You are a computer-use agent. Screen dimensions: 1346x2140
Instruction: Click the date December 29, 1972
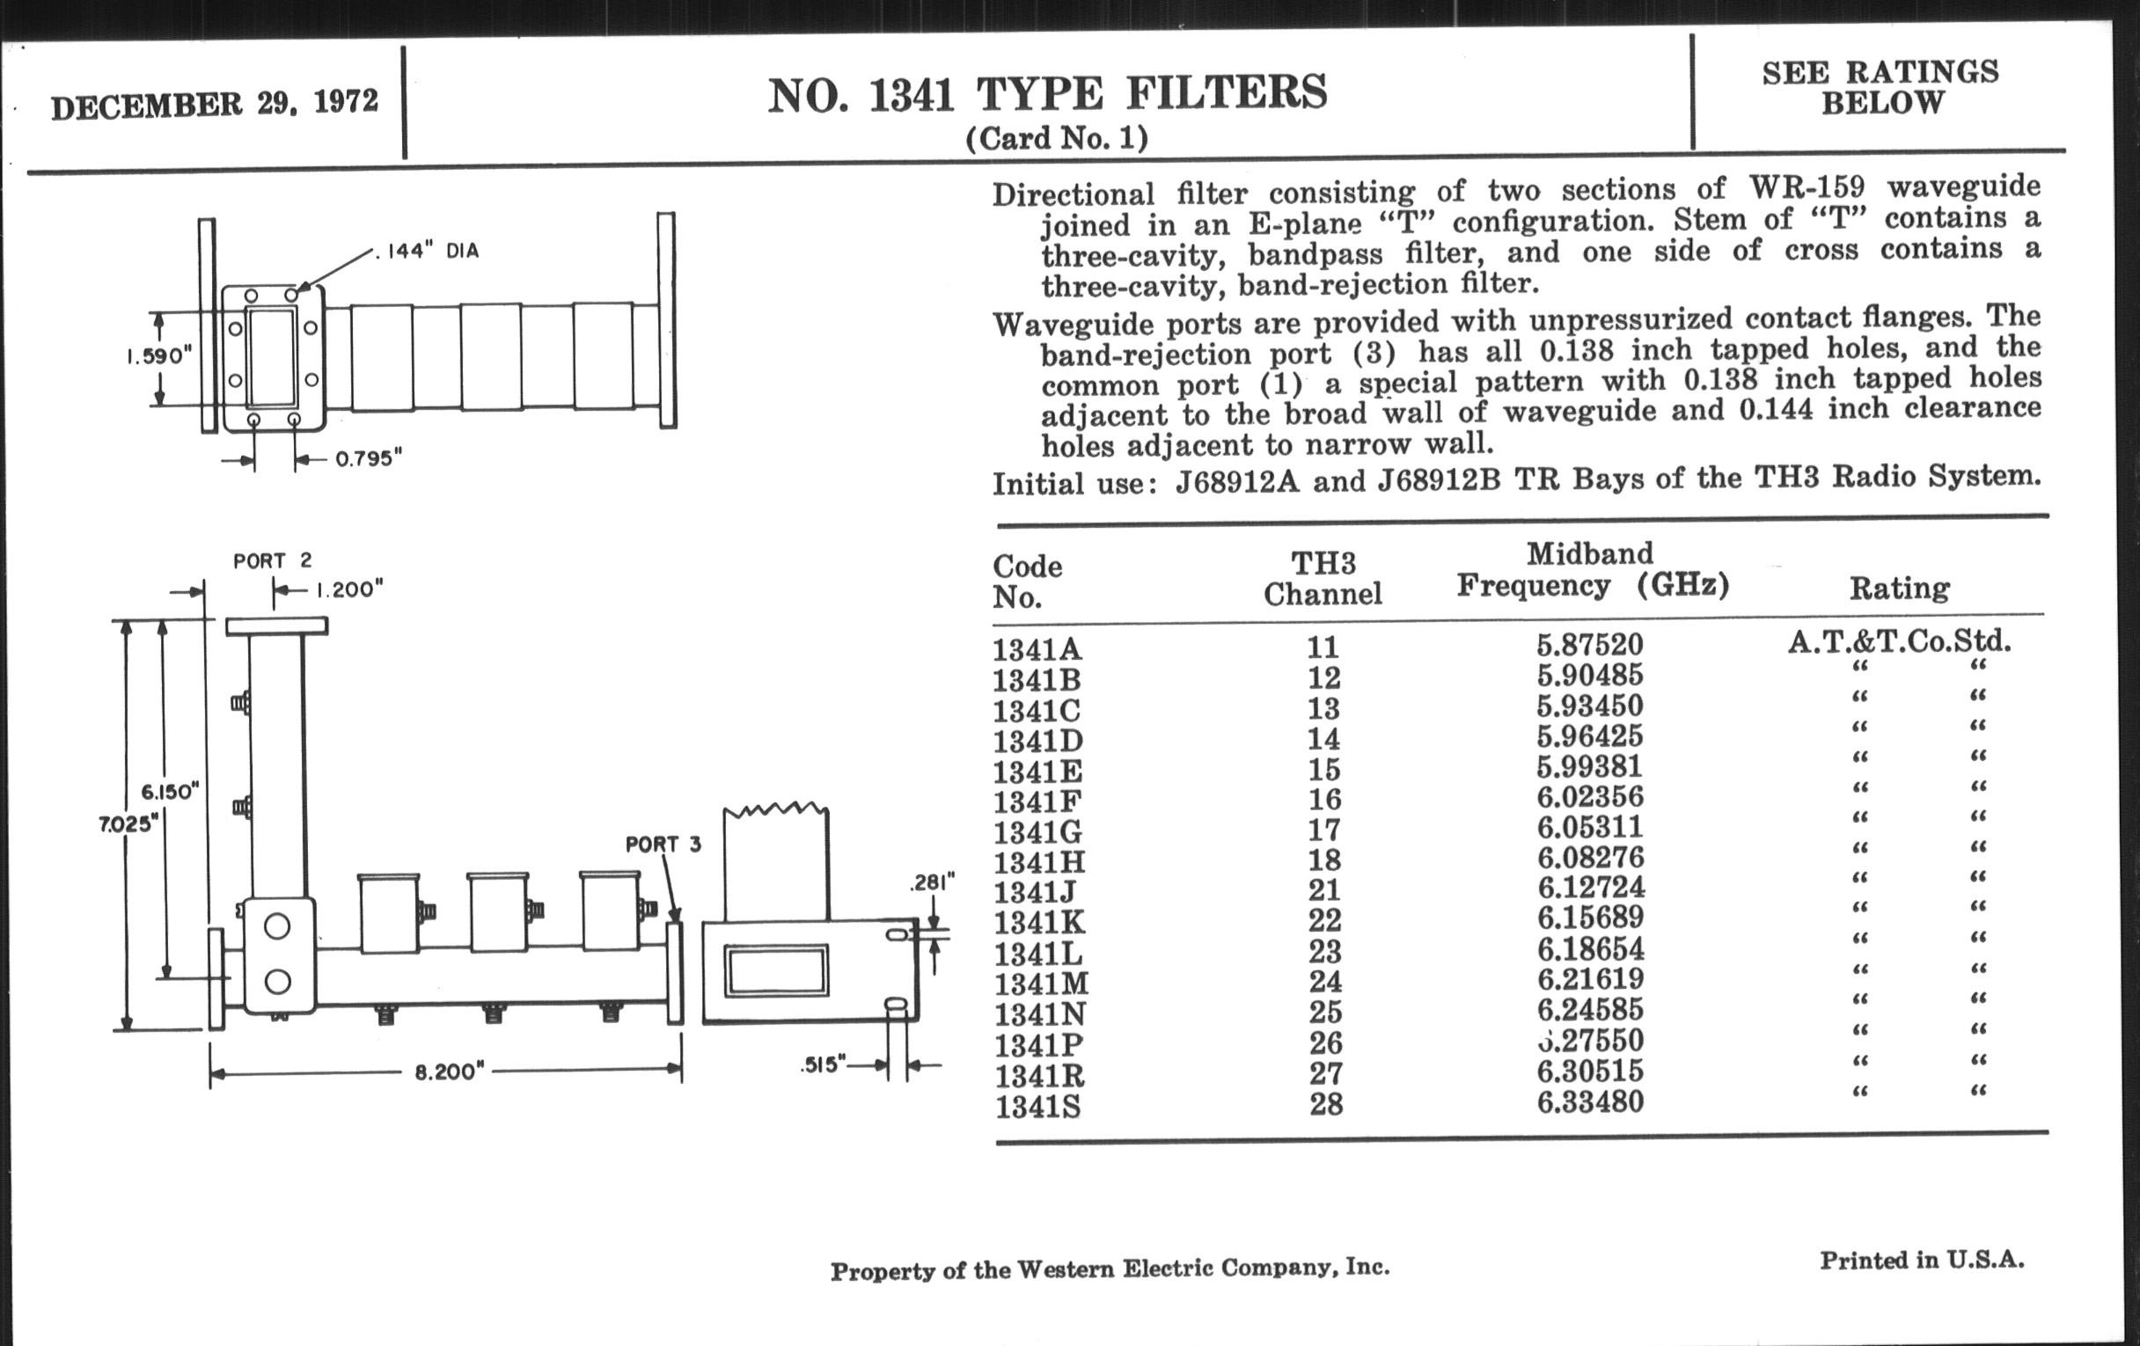214,104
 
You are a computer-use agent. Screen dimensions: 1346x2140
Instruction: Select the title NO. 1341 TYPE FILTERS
1047,95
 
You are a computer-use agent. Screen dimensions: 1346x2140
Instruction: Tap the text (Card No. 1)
1057,139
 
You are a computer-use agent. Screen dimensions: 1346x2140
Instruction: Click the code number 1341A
1037,649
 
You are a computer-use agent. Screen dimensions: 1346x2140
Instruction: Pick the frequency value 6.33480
1590,1101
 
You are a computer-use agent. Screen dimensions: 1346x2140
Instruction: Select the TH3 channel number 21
1324,889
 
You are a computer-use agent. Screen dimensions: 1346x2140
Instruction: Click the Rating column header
1899,588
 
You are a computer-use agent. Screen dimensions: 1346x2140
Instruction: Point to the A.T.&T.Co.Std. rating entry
1899,640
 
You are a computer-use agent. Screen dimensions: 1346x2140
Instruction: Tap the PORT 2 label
272,560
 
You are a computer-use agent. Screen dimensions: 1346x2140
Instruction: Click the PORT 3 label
663,844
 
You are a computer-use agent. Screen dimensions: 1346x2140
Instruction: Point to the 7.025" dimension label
127,823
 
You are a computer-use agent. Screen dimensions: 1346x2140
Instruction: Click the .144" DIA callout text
428,252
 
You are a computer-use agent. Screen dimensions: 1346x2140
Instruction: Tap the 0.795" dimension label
368,458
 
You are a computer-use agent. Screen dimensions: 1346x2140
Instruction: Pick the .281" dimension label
932,883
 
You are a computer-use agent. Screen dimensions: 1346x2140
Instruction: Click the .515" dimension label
823,1064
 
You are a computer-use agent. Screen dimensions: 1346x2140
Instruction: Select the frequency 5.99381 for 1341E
1590,766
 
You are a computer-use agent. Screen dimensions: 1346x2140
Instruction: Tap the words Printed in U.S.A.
1922,1260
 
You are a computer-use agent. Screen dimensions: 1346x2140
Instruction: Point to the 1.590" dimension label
158,355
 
